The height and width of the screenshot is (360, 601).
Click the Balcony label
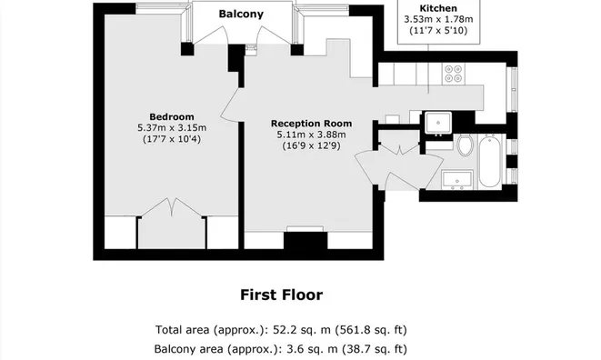tap(241, 14)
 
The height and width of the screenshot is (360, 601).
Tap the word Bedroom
tap(172, 116)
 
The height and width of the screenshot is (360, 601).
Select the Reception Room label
tap(311, 124)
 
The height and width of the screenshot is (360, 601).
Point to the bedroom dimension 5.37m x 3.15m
tap(172, 127)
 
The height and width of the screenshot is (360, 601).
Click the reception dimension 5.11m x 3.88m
tap(311, 135)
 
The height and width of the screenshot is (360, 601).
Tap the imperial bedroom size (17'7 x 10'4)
tap(172, 139)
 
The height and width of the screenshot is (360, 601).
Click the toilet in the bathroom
tap(465, 145)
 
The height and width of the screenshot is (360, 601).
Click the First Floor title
tap(281, 295)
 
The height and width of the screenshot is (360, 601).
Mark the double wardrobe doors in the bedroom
tap(171, 209)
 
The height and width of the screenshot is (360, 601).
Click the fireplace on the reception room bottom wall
tap(305, 240)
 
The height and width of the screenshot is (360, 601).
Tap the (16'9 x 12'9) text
tap(311, 146)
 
